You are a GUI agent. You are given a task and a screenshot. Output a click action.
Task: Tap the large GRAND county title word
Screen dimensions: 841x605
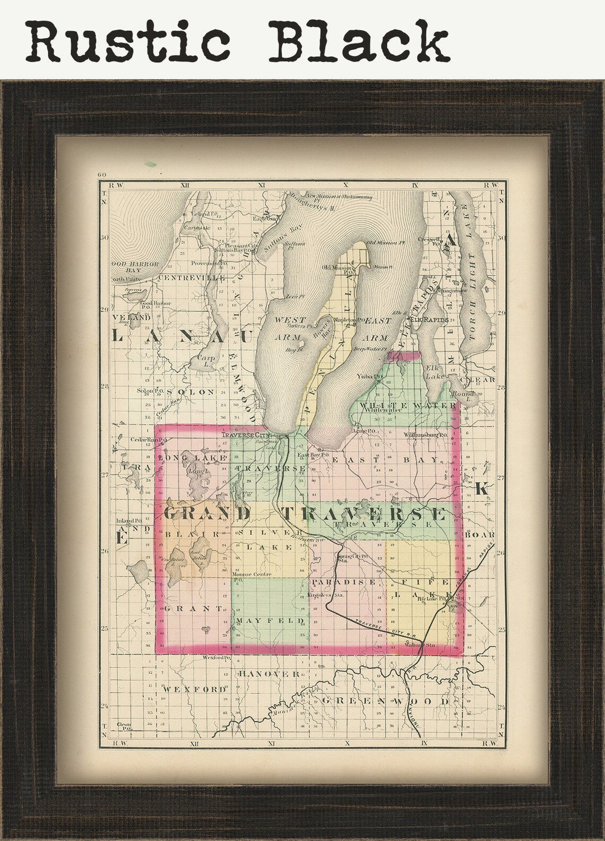(x=207, y=513)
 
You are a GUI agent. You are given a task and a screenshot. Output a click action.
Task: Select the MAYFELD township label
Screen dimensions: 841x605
(x=270, y=620)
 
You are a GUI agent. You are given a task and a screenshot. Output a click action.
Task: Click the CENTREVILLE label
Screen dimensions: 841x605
(x=192, y=278)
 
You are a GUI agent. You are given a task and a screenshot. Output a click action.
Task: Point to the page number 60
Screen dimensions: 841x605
(x=102, y=175)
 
